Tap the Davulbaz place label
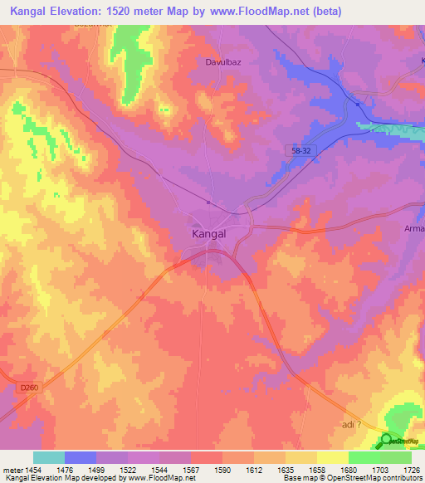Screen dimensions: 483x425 222,61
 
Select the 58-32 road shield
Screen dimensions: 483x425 304,150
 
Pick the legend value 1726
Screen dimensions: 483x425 412,469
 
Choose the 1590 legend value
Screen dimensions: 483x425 222,469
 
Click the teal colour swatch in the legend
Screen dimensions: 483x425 49,457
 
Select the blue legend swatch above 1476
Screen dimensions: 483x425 81,457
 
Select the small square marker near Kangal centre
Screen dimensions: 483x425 208,202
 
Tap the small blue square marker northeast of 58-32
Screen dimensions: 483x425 357,105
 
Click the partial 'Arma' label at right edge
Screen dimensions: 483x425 413,228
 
